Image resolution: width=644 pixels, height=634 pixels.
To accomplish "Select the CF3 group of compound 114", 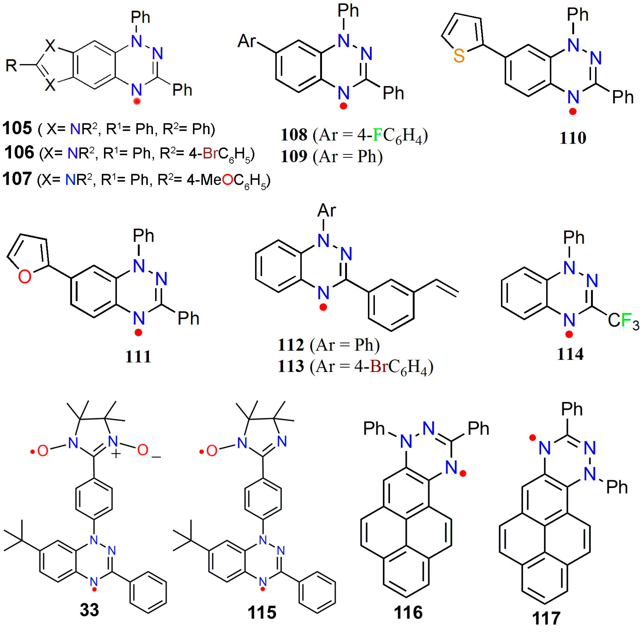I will coord(623,321).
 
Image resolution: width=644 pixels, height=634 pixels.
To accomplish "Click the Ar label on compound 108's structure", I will coord(247,42).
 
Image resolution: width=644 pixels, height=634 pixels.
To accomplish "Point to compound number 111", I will coord(138,357).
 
